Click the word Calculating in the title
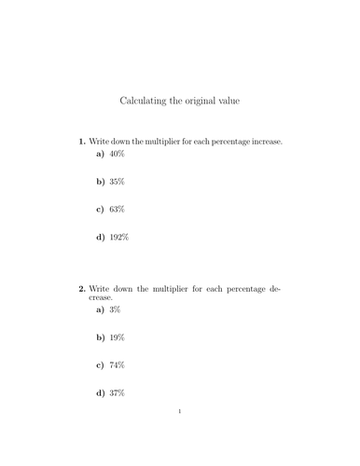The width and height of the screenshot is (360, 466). [x=145, y=99]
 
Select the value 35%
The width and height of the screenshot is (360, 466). [x=117, y=183]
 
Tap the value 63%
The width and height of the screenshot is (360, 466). [x=117, y=210]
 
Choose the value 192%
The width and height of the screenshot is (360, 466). [x=118, y=238]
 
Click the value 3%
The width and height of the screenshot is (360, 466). [x=115, y=309]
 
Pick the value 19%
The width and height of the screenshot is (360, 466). [x=117, y=337]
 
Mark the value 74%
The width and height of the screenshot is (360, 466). [x=117, y=365]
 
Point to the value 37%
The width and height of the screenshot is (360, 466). [x=117, y=393]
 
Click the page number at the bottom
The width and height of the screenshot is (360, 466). [x=179, y=436]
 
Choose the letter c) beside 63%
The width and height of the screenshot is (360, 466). [x=100, y=210]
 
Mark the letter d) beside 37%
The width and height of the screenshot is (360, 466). [x=100, y=393]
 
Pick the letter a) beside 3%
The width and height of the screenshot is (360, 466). [x=100, y=309]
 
